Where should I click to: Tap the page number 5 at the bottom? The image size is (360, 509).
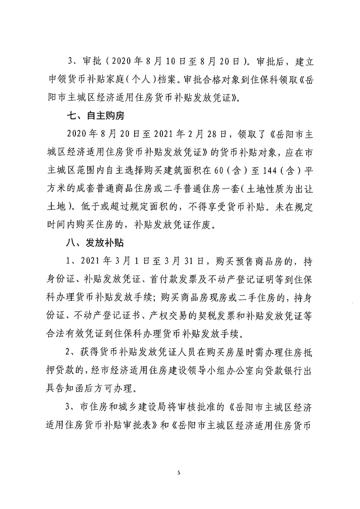179,473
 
